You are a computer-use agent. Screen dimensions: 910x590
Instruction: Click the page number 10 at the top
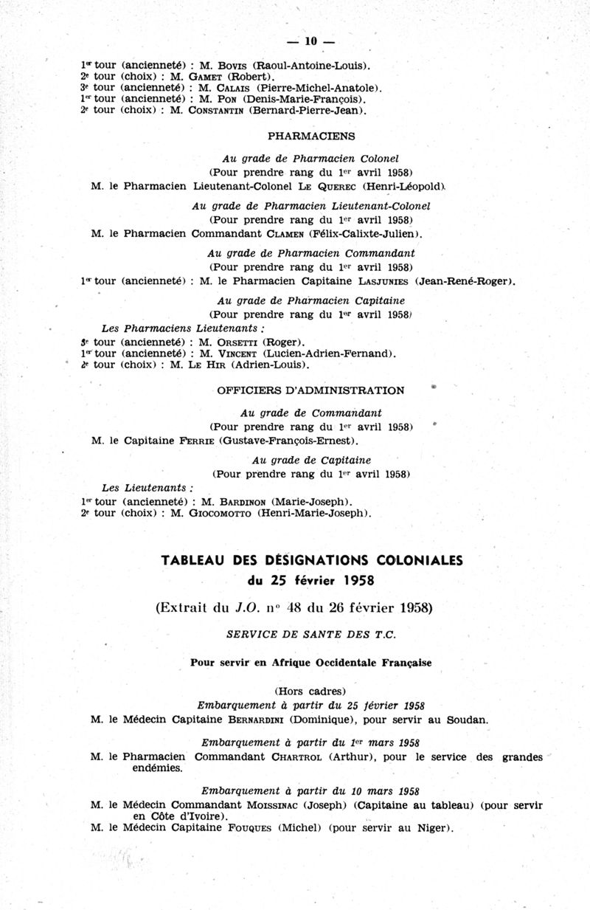[x=310, y=41]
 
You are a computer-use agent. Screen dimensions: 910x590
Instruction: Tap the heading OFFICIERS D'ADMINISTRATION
[x=310, y=390]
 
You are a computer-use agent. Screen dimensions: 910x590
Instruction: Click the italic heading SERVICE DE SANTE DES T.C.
[x=310, y=635]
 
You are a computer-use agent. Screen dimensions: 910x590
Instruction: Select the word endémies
[x=158, y=768]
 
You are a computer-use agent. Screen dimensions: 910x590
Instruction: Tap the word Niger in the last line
[x=429, y=828]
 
